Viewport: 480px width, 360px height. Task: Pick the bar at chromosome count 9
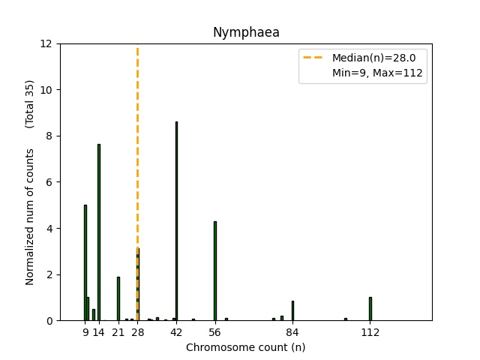(85, 262)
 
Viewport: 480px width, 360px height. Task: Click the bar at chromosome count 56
(215, 271)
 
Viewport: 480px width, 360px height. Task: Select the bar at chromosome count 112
(370, 309)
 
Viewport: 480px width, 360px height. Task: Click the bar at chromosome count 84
(292, 310)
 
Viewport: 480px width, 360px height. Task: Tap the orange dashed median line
(137, 150)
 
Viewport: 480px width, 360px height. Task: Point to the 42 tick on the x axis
(176, 333)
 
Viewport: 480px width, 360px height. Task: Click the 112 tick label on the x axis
(370, 333)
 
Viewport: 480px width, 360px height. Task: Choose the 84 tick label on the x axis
(292, 333)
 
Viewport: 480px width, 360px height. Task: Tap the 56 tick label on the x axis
(215, 333)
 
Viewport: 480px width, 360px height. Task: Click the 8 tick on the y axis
(49, 136)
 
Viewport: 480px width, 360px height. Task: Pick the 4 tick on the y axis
(49, 229)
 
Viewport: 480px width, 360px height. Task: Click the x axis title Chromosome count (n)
(246, 347)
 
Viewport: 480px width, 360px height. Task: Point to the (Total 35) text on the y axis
(30, 103)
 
